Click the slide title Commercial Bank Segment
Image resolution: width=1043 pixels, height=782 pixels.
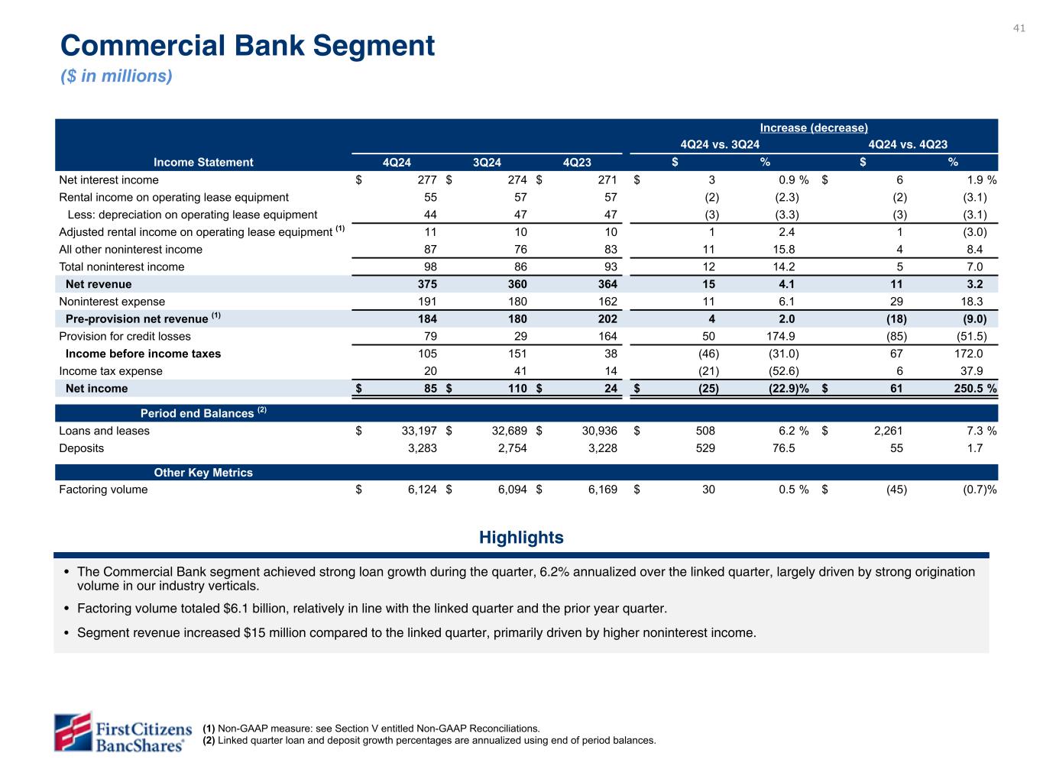pyautogui.click(x=248, y=46)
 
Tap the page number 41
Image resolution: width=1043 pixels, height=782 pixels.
pyautogui.click(x=1019, y=28)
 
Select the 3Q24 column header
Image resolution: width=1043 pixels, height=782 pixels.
pyautogui.click(x=487, y=162)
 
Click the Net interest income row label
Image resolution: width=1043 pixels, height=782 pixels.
pyautogui.click(x=109, y=180)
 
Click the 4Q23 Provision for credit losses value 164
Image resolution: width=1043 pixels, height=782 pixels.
pyautogui.click(x=607, y=336)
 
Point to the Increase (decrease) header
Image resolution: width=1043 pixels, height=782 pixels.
pyautogui.click(x=814, y=128)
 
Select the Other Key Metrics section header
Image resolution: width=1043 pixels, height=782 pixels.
pyautogui.click(x=203, y=473)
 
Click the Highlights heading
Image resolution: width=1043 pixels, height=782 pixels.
pyautogui.click(x=521, y=538)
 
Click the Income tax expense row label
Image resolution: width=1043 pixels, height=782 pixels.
pyautogui.click(x=111, y=371)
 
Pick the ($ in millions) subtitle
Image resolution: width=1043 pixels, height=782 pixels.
pyautogui.click(x=116, y=76)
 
